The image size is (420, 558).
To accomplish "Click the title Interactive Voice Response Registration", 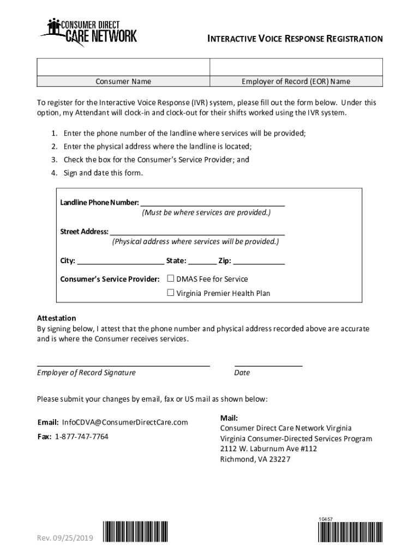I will (295, 39).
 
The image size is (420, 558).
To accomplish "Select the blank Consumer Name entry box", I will (123, 68).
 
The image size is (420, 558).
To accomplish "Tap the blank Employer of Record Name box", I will (296, 68).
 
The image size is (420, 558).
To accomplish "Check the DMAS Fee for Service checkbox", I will (170, 278).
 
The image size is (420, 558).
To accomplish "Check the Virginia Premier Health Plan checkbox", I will (170, 293).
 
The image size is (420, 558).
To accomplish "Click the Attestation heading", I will (56, 318).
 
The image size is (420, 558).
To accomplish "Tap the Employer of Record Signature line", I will (123, 364).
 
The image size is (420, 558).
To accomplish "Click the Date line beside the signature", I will (268, 364).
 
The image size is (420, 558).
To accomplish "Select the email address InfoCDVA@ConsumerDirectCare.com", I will (125, 422).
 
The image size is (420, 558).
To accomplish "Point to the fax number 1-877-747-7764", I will (81, 436).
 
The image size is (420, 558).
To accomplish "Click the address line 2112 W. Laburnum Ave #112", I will (268, 448).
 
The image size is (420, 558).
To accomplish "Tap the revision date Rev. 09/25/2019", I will (65, 538).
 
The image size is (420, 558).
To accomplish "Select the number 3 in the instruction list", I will (54, 160).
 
